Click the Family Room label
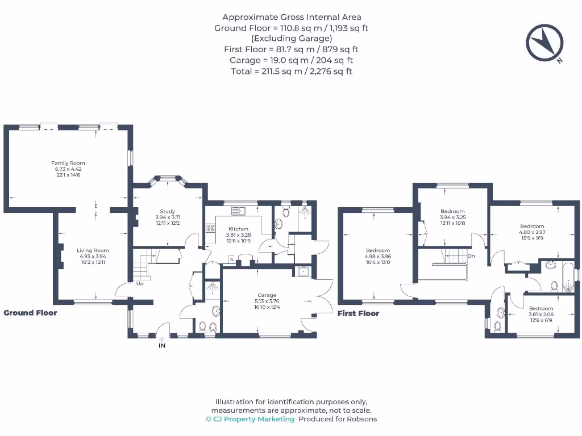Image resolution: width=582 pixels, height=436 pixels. (68, 163)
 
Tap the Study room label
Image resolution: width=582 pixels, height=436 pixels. (167, 211)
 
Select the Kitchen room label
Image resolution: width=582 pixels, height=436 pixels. (238, 229)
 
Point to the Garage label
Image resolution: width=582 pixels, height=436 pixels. (267, 295)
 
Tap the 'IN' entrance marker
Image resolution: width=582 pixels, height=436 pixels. (162, 345)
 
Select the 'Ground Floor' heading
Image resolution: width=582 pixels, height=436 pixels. (30, 313)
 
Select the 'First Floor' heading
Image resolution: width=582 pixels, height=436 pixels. (358, 313)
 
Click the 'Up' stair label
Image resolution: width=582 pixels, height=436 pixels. (139, 283)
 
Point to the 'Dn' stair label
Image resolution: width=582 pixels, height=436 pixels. (471, 256)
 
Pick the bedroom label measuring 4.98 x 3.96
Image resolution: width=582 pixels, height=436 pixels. (378, 251)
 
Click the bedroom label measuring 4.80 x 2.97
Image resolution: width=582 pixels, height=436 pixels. (531, 227)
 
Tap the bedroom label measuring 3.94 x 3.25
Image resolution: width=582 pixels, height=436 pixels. (452, 212)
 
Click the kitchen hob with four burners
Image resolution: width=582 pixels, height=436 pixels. (210, 228)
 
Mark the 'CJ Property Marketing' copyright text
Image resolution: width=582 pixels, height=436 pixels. (250, 419)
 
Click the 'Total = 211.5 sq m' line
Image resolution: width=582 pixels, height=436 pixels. (291, 71)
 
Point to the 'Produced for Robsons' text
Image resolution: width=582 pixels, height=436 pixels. (338, 419)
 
